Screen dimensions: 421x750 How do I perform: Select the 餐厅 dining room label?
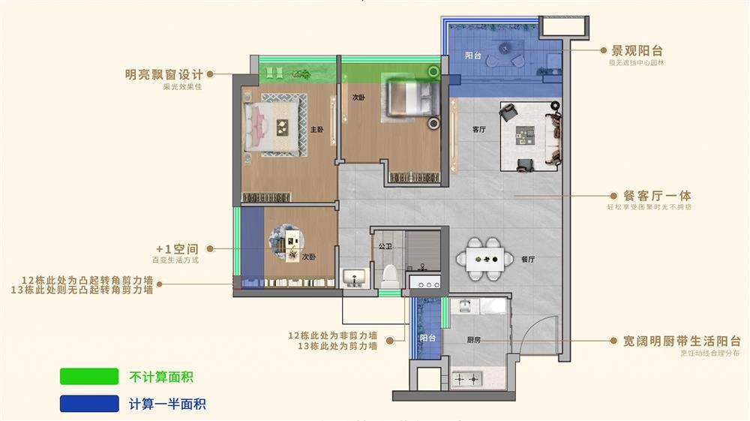click(x=527, y=260)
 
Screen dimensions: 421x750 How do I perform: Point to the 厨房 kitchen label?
click(x=473, y=340)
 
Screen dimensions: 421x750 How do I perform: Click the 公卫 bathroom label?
click(x=385, y=245)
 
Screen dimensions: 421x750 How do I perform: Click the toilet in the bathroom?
click(x=389, y=276)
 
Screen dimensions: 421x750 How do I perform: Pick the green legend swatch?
click(x=89, y=377)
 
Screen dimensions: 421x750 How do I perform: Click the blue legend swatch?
click(x=89, y=404)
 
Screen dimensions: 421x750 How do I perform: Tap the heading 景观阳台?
click(x=637, y=50)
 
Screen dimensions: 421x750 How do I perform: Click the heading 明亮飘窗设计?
click(x=164, y=74)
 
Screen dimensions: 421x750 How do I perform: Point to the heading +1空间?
click(x=177, y=248)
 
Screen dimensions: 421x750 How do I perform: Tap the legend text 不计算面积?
click(x=166, y=377)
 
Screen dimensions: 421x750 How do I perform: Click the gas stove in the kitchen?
click(x=466, y=380)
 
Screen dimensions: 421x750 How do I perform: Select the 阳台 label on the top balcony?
click(x=472, y=56)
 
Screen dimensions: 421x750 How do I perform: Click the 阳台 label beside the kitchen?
click(x=427, y=338)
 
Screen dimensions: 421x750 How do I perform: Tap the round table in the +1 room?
click(x=289, y=242)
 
